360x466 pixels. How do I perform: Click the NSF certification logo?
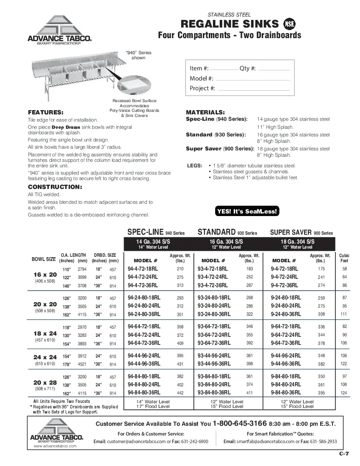pyautogui.click(x=289, y=24)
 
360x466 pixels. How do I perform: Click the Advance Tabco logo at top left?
pyautogui.click(x=60, y=30)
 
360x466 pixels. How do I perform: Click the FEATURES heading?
pyautogui.click(x=45, y=112)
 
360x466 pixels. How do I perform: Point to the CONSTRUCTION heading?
pyautogui.click(x=55, y=187)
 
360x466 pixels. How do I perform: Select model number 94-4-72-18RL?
pyautogui.click(x=144, y=269)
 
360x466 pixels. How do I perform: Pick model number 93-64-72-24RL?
pyautogui.click(x=214, y=335)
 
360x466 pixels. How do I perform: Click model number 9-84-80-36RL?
pyautogui.click(x=285, y=393)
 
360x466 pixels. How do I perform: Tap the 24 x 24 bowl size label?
pyautogui.click(x=45, y=357)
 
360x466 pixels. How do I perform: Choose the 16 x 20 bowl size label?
pyautogui.click(x=45, y=275)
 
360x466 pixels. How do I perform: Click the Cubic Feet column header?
pyautogui.click(x=344, y=258)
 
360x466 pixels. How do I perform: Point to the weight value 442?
pyautogui.click(x=180, y=393)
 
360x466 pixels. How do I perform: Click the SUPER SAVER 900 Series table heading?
pyautogui.click(x=301, y=232)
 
